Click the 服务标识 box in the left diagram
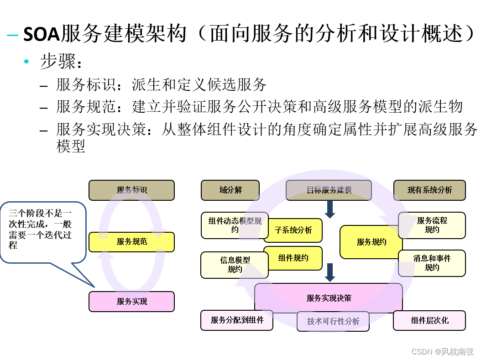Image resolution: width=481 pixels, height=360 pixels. (131, 190)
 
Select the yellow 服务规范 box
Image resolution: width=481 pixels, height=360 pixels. (131, 242)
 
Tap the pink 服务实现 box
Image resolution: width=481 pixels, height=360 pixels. (131, 302)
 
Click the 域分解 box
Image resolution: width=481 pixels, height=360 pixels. (230, 190)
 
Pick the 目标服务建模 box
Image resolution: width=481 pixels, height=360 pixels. (329, 190)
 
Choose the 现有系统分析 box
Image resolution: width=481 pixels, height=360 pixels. (429, 190)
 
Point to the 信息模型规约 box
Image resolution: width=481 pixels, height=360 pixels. (235, 265)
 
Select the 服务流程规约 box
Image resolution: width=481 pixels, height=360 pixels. (432, 225)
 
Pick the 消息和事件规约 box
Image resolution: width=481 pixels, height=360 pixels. (432, 263)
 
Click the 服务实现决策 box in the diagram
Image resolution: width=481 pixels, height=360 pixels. (329, 298)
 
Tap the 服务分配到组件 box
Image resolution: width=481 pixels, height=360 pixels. (237, 320)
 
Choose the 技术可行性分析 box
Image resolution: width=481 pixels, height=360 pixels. (333, 321)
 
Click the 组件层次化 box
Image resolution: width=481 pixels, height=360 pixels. (429, 320)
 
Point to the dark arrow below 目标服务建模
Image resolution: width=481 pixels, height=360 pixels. (330, 209)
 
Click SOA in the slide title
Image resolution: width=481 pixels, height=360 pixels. (42, 34)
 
